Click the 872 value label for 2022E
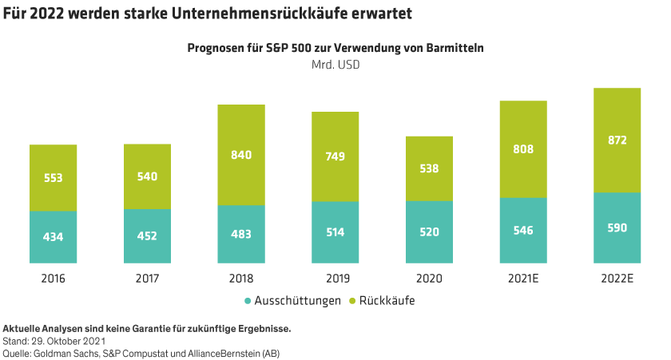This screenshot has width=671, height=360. pyautogui.click(x=617, y=140)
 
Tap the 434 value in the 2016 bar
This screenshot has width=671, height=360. pyautogui.click(x=53, y=236)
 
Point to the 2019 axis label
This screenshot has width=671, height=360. pyautogui.click(x=335, y=279)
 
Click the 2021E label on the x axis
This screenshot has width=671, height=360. pyautogui.click(x=523, y=279)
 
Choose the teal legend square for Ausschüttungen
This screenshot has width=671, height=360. pyautogui.click(x=248, y=301)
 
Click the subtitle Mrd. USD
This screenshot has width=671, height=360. pyautogui.click(x=335, y=65)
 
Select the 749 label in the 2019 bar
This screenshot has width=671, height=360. pyautogui.click(x=335, y=156)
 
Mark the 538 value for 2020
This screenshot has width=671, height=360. pyautogui.click(x=429, y=168)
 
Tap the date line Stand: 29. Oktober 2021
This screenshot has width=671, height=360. pyautogui.click(x=55, y=340)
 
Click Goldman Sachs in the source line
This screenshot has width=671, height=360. pyautogui.click(x=70, y=352)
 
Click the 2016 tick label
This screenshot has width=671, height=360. pyautogui.click(x=53, y=279)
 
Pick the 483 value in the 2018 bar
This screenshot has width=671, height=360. pyautogui.click(x=240, y=234)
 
